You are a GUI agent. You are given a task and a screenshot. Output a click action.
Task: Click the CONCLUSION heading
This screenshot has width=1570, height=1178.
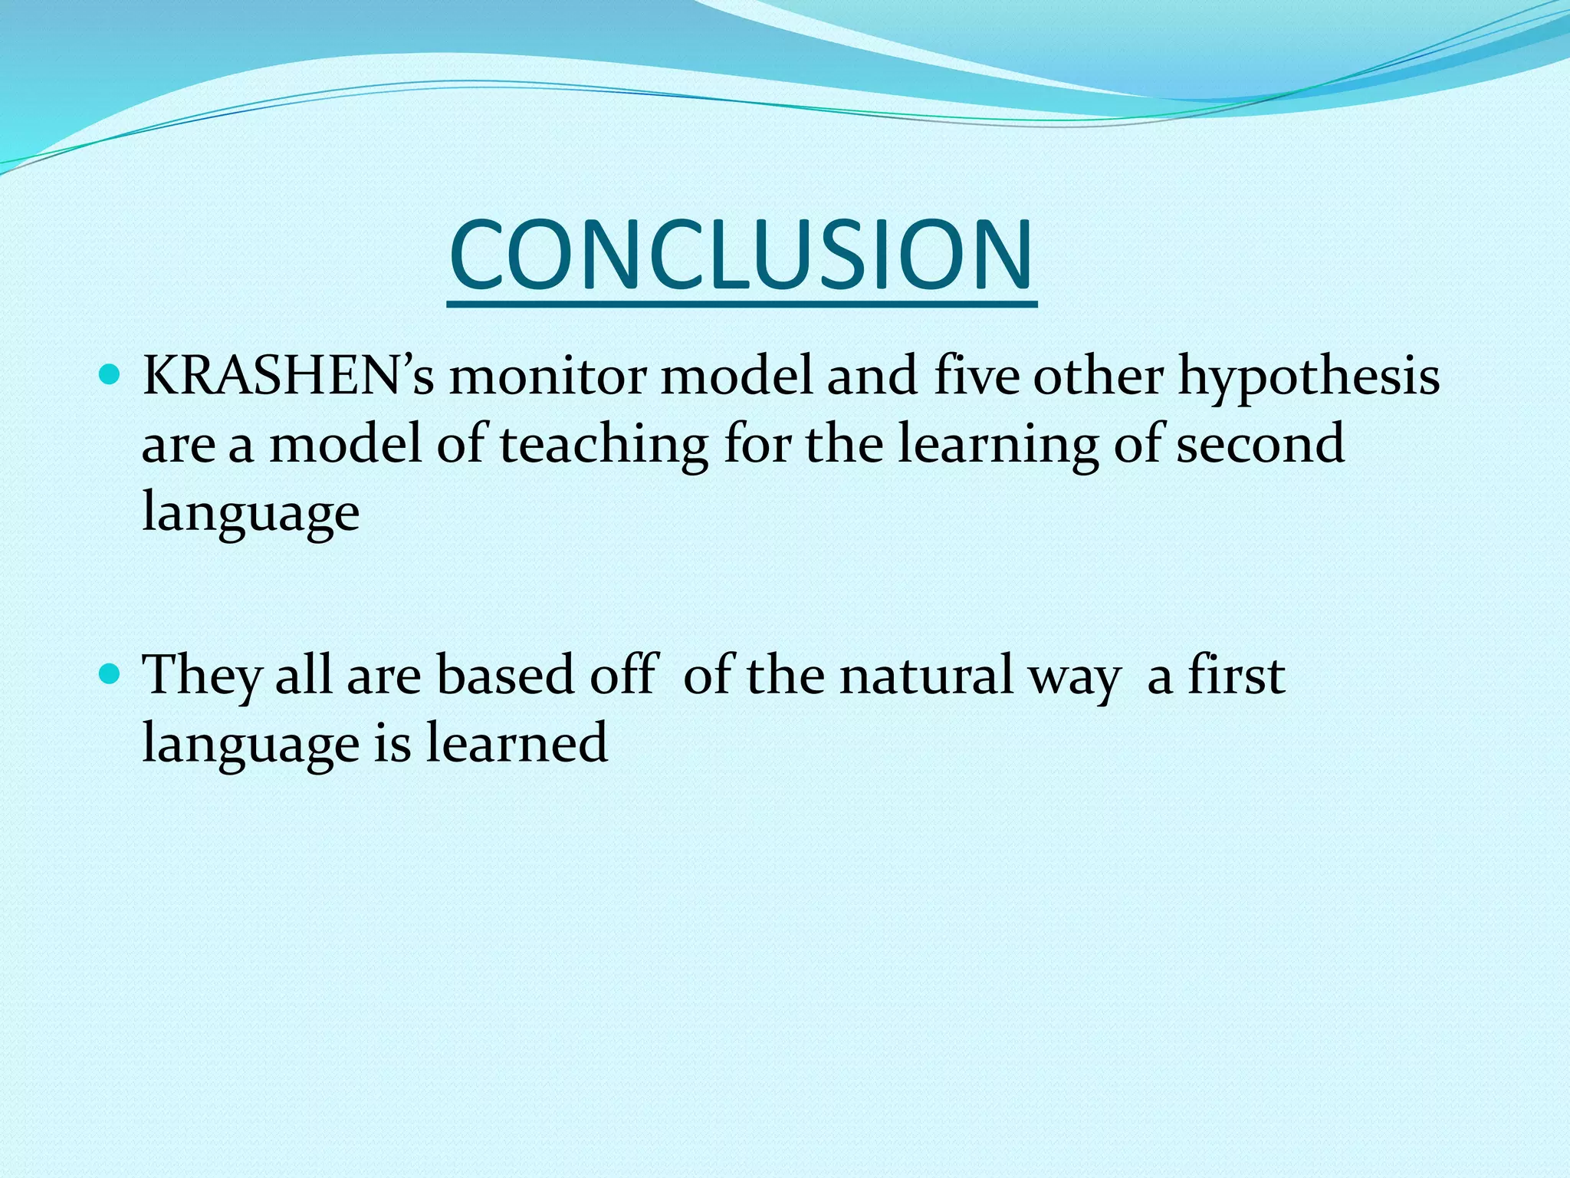coord(741,255)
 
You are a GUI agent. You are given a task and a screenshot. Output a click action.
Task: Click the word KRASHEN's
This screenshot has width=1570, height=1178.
coord(288,377)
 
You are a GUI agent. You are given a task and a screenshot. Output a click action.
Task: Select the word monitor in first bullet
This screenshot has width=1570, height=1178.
coord(547,377)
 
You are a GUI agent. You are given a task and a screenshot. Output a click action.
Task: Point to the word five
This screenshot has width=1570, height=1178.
coord(977,377)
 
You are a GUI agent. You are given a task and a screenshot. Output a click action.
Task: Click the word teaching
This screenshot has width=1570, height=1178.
coord(603,445)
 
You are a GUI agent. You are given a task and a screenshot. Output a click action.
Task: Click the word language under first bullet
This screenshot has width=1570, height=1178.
coord(251,512)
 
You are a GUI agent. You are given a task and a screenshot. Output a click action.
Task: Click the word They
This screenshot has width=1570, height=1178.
coord(201,676)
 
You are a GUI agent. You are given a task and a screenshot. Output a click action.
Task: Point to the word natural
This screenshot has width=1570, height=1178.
coord(925,675)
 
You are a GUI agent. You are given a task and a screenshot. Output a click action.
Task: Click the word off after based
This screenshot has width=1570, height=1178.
coord(624,674)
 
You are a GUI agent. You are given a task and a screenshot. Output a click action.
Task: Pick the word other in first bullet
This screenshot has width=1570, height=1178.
coord(1098,377)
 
